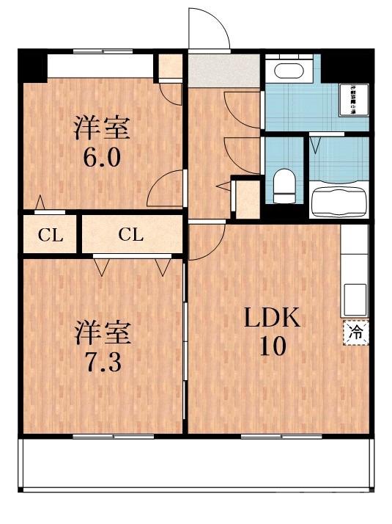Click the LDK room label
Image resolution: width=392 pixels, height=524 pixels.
coord(272,318)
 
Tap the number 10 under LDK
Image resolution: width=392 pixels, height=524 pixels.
coord(272,345)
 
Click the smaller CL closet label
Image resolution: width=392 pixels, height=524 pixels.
coord(51,236)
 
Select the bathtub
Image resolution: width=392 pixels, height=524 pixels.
coord(338,200)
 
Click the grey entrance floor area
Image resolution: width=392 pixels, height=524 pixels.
coord(224,70)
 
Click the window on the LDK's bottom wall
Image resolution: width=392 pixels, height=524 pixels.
coord(270,436)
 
